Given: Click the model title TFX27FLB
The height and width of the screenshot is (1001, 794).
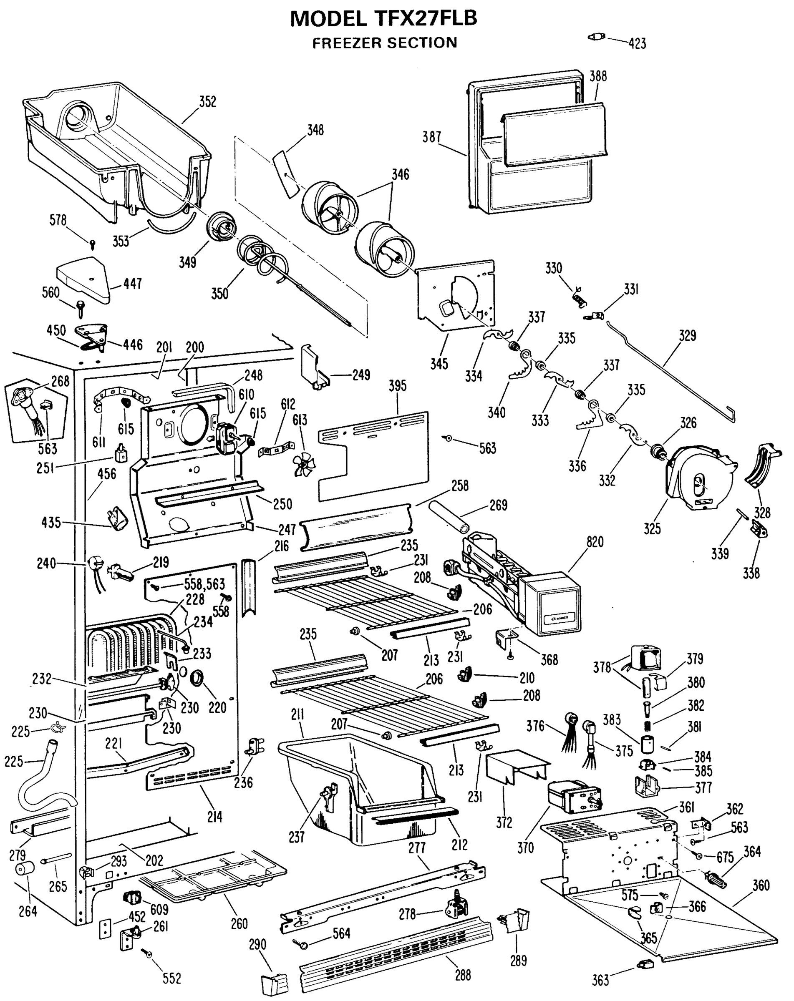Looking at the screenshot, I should (383, 19).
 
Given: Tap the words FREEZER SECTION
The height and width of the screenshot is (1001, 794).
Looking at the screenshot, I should (384, 43).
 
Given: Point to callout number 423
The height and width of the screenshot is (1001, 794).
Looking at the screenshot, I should (637, 44).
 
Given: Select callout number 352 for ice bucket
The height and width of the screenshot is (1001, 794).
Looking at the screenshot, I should (207, 102).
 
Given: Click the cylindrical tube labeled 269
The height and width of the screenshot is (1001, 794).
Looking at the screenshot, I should (449, 516).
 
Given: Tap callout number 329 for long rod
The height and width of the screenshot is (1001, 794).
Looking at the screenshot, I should (687, 336).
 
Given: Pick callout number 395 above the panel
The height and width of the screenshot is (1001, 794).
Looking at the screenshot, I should (398, 386).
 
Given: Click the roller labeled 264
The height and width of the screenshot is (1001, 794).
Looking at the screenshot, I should (26, 868).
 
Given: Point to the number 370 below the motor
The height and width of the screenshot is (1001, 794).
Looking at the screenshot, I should (526, 848).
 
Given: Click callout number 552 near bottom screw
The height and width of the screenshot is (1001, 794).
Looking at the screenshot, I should (171, 978).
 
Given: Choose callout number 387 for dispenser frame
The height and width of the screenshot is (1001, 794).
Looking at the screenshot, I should (431, 137).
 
